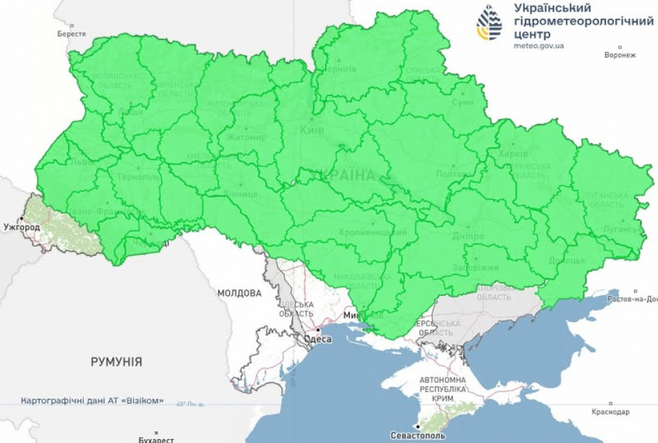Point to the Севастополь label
pos(418,435)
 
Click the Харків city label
pos(513,153)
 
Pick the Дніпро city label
pos(468,236)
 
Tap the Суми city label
pos(462,102)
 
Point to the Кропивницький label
pos(372,232)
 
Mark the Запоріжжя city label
pos(475,268)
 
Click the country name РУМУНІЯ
pos(117,362)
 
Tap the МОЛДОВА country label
pos(239,293)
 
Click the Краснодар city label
pos(611,412)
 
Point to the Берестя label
pos(72,33)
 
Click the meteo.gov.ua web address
pos(539,46)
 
